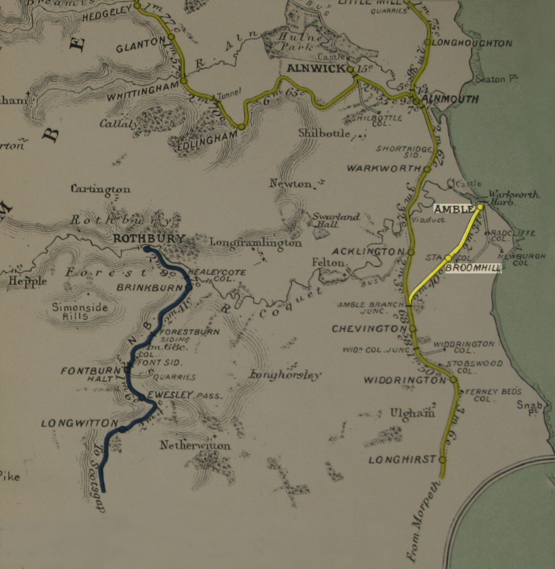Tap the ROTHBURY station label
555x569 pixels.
point(149,238)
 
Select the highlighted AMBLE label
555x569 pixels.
point(454,209)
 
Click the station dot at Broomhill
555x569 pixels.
point(448,258)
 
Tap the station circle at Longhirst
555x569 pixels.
point(442,459)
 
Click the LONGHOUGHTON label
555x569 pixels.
point(472,43)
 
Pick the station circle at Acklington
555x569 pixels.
point(411,252)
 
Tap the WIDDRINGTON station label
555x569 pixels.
point(404,380)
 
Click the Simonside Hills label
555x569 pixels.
point(79,312)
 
